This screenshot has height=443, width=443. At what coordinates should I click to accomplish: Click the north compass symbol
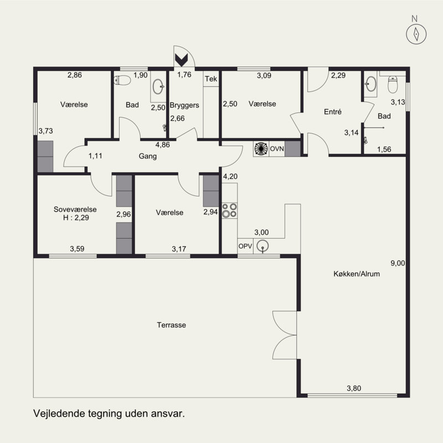(x=416, y=34)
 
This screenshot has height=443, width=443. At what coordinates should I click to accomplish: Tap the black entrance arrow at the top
(x=182, y=60)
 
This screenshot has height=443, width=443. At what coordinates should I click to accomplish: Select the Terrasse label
(x=172, y=325)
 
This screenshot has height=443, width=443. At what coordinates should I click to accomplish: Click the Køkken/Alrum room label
(x=357, y=274)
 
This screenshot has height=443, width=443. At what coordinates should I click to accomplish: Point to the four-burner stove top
(x=229, y=210)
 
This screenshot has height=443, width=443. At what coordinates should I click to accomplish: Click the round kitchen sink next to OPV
(x=262, y=246)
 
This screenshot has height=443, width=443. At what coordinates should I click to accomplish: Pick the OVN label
(x=277, y=148)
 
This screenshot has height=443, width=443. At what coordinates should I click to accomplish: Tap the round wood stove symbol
(x=261, y=148)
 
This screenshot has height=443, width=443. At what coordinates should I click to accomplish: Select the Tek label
(x=211, y=79)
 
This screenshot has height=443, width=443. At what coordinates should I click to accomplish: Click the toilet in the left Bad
(x=122, y=80)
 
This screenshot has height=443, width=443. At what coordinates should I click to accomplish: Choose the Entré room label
(x=333, y=112)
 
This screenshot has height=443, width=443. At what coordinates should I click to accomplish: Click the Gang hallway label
(x=148, y=156)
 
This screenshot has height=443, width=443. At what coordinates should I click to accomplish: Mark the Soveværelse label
(x=75, y=209)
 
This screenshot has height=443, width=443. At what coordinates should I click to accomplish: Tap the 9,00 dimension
(x=398, y=264)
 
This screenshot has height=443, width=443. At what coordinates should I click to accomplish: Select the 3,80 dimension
(x=354, y=389)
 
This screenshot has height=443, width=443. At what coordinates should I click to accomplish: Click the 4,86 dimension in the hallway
(x=163, y=145)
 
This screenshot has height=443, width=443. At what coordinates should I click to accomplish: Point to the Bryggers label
(x=184, y=105)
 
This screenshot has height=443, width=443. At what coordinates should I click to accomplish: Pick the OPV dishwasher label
(x=245, y=246)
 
